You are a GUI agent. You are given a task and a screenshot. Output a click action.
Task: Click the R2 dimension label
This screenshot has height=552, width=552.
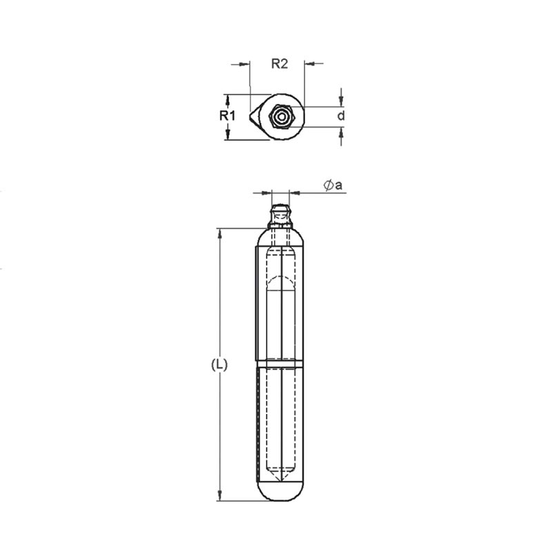click(279, 64)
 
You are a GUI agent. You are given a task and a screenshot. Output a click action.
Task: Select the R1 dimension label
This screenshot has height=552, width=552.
click(228, 116)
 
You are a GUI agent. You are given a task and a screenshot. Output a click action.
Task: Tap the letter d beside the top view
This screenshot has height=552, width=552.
click(341, 116)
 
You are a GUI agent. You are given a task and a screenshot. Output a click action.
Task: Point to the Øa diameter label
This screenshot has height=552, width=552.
click(333, 185)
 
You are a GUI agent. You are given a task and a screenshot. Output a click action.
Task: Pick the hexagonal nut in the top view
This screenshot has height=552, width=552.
click(282, 117)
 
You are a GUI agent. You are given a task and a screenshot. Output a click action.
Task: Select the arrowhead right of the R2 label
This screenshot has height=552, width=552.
click(308, 64)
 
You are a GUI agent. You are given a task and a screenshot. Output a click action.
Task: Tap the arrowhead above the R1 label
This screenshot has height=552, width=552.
click(228, 99)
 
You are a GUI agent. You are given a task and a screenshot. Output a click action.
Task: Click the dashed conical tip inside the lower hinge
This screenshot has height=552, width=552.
click(280, 476)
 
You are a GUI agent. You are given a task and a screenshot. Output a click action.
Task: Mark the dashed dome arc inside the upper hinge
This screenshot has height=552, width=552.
click(280, 281)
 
